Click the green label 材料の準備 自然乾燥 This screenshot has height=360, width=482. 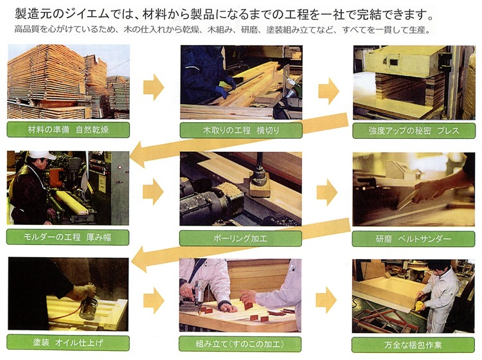click(x=68, y=129)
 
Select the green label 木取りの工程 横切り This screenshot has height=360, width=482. click(x=241, y=130)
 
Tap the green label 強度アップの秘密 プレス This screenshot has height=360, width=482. click(x=414, y=130)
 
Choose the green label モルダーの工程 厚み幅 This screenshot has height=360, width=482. click(x=67, y=237)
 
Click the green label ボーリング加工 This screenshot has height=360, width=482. click(x=240, y=239)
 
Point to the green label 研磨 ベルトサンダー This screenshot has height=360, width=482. click(x=413, y=239)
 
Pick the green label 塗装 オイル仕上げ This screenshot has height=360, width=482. click(x=68, y=343)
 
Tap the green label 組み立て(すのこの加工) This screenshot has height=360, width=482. click(x=240, y=344)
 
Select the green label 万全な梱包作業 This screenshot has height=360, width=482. click(x=413, y=345)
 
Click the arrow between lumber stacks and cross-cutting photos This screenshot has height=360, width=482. click(x=154, y=87)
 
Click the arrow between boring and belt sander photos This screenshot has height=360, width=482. click(x=327, y=192)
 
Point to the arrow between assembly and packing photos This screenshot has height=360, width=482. click(x=326, y=300)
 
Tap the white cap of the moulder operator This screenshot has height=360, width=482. click(x=42, y=155)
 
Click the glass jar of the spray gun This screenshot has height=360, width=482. click(x=88, y=309)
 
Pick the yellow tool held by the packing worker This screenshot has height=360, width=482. click(x=418, y=305)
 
